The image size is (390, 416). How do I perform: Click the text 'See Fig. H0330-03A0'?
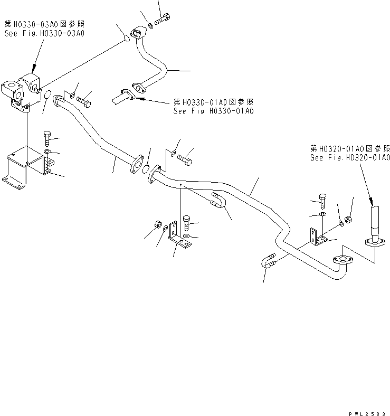pyautogui.click(x=44, y=33)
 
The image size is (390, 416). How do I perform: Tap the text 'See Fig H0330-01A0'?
pyautogui.click(x=214, y=111)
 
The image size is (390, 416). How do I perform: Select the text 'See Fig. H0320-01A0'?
pyautogui.click(x=350, y=158)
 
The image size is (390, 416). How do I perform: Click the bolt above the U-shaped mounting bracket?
pyautogui.click(x=46, y=139)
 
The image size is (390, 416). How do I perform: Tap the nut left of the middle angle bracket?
pyautogui.click(x=156, y=224)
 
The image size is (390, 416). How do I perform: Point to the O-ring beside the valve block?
pyautogui.click(x=47, y=96)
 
